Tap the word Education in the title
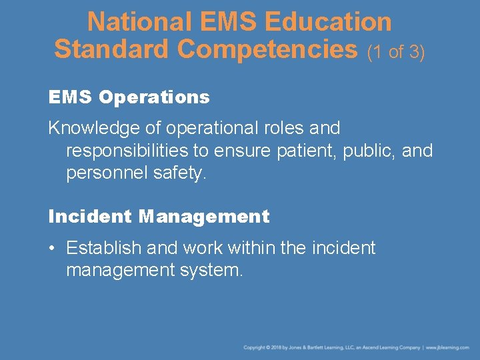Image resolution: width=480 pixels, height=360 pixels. [328, 22]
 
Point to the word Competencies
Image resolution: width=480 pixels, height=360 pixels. [269, 49]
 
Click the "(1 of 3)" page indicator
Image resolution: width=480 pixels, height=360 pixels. [396, 51]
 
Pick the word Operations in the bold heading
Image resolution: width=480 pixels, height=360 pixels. [154, 97]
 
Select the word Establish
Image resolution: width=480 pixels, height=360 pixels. [104, 248]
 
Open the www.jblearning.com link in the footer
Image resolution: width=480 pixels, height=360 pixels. [447, 347]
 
